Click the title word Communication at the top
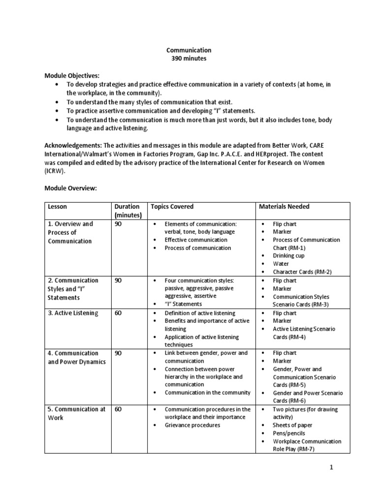pos(189,50)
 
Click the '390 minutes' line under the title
pos(189,59)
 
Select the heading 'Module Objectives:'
pos(72,76)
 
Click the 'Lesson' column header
pos(58,207)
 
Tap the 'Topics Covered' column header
pos(172,207)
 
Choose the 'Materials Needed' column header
pos(284,207)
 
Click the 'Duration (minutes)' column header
pos(127,211)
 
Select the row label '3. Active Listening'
pos(73,313)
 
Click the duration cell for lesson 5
pos(118,409)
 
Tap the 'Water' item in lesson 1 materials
pos(281,264)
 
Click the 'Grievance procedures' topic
pos(192,425)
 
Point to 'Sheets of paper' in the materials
pos(292,425)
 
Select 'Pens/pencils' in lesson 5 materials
pos(289,433)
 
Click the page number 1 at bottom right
pos(332,468)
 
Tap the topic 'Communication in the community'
pos(207,393)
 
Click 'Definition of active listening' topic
pos(200,313)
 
